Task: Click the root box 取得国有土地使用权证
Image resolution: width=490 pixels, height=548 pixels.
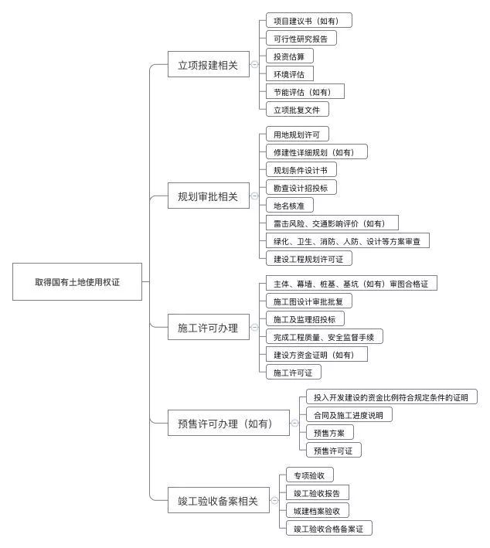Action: [x=77, y=282]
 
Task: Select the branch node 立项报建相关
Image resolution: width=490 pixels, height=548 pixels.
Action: [x=209, y=66]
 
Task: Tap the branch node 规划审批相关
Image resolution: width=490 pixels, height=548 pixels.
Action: [x=209, y=196]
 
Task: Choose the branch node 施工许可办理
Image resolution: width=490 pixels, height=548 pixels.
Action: [x=209, y=328]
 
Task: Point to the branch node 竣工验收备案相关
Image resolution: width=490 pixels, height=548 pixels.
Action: [x=218, y=501]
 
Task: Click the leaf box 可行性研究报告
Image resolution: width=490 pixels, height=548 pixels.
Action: [x=301, y=38]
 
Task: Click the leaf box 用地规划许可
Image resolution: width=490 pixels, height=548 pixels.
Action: [x=291, y=134]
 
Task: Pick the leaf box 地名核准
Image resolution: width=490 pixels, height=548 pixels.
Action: [x=289, y=206]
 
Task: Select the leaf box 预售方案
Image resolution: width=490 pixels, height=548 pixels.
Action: [x=329, y=432]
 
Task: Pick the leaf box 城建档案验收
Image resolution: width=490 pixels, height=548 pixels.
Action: [x=317, y=511]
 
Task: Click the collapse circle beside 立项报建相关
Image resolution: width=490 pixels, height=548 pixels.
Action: [x=254, y=66]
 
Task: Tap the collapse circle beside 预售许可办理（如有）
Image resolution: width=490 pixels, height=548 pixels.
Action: [x=294, y=423]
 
